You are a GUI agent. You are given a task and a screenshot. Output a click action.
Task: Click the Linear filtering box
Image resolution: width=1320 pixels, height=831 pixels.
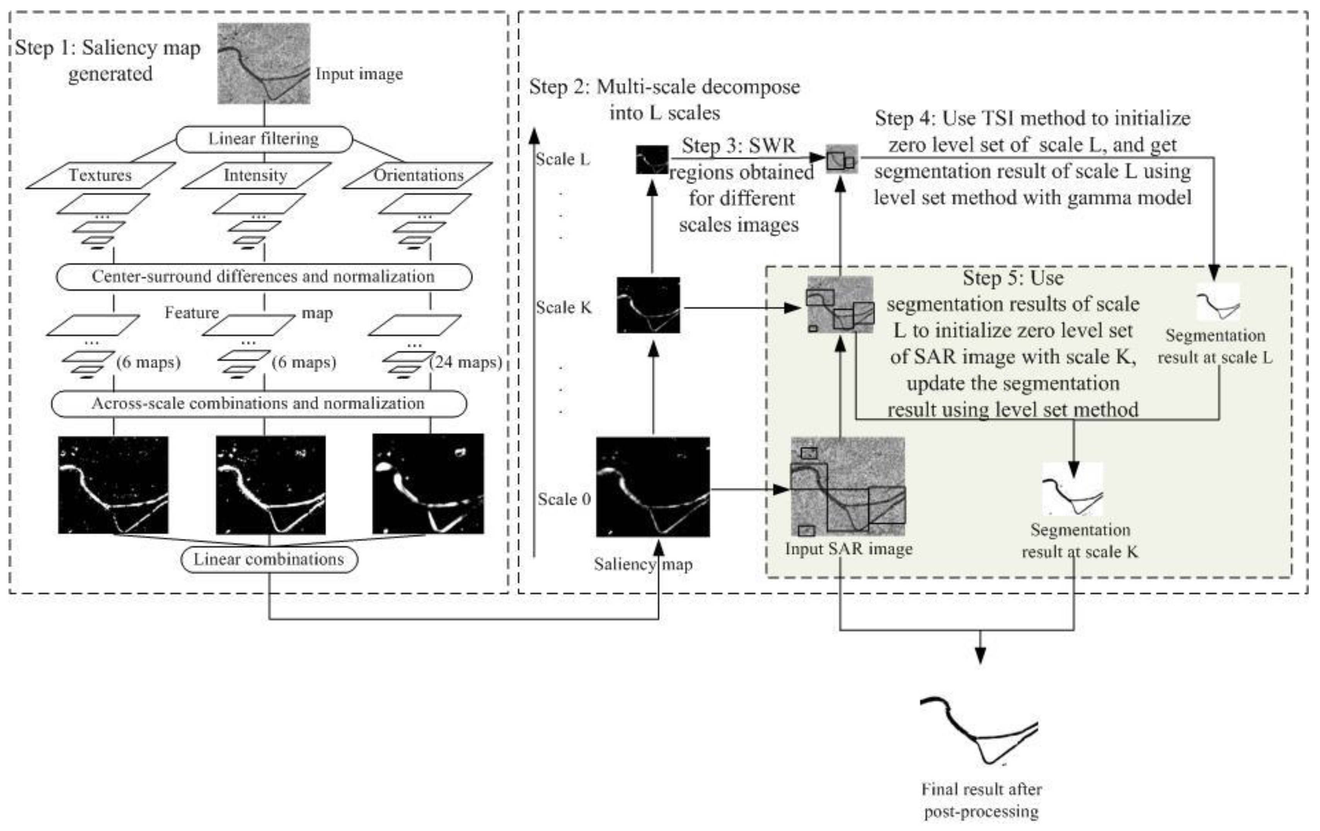pyautogui.click(x=264, y=139)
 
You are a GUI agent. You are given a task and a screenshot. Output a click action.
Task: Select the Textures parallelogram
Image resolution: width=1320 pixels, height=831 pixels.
pyautogui.click(x=100, y=175)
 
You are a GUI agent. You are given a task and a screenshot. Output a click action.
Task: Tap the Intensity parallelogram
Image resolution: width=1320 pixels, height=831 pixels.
pyautogui.click(x=255, y=175)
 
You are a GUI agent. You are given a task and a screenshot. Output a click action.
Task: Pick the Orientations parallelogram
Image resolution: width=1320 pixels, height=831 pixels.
pyautogui.click(x=418, y=175)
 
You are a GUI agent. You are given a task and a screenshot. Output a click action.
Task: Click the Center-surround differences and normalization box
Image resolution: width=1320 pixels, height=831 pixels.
pyautogui.click(x=264, y=277)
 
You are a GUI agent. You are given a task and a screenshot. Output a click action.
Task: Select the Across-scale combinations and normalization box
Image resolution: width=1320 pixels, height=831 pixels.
pyautogui.click(x=259, y=404)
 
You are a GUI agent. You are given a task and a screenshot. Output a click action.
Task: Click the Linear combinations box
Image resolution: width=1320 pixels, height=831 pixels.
pyautogui.click(x=269, y=560)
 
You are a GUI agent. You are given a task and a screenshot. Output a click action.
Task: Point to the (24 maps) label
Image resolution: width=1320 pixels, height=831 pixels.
pyautogui.click(x=466, y=362)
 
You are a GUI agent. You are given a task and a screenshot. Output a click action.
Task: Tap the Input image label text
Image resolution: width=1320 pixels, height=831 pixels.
pyautogui.click(x=359, y=74)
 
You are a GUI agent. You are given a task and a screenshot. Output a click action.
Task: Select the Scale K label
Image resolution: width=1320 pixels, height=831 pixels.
pyautogui.click(x=564, y=308)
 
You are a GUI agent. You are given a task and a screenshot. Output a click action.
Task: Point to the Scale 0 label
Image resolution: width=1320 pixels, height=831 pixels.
pyautogui.click(x=564, y=499)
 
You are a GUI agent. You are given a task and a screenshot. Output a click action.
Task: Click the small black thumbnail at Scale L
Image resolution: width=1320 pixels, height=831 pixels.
pyautogui.click(x=652, y=160)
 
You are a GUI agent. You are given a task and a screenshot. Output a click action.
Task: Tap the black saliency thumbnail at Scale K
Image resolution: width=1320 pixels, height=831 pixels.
pyautogui.click(x=649, y=305)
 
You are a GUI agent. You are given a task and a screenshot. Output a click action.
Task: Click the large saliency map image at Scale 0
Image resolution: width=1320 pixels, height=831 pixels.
pyautogui.click(x=653, y=487)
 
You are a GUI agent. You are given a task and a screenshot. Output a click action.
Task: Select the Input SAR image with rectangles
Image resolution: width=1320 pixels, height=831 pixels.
pyautogui.click(x=848, y=487)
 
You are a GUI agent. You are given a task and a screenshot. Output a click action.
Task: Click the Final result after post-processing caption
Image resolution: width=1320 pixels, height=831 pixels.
pyautogui.click(x=981, y=800)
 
